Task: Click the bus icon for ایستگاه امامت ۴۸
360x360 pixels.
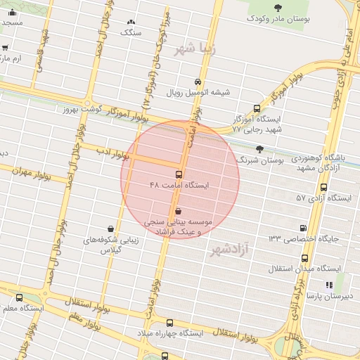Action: click(179, 174)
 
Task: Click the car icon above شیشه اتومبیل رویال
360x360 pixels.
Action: click(199, 81)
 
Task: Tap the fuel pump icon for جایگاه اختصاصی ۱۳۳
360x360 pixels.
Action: click(303, 228)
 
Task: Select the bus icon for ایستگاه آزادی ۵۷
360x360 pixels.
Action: click(323, 188)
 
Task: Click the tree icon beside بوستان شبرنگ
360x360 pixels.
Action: click(260, 149)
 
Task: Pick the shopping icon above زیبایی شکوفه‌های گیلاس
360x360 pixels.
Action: click(112, 229)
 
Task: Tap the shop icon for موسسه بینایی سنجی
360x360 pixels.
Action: click(177, 210)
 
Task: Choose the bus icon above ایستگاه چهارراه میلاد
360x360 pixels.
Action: click(165, 356)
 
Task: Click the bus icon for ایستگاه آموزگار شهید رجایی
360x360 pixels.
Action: click(257, 109)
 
